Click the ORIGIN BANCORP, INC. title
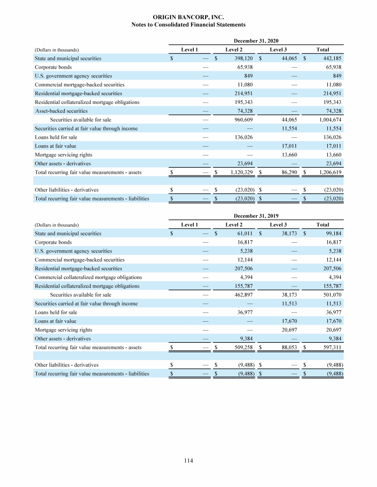188,17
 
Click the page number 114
188,461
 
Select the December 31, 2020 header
256,41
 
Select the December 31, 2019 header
256,216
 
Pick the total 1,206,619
328,172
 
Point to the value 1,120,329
242,172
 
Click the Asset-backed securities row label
61,111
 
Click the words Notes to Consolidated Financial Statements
188,25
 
